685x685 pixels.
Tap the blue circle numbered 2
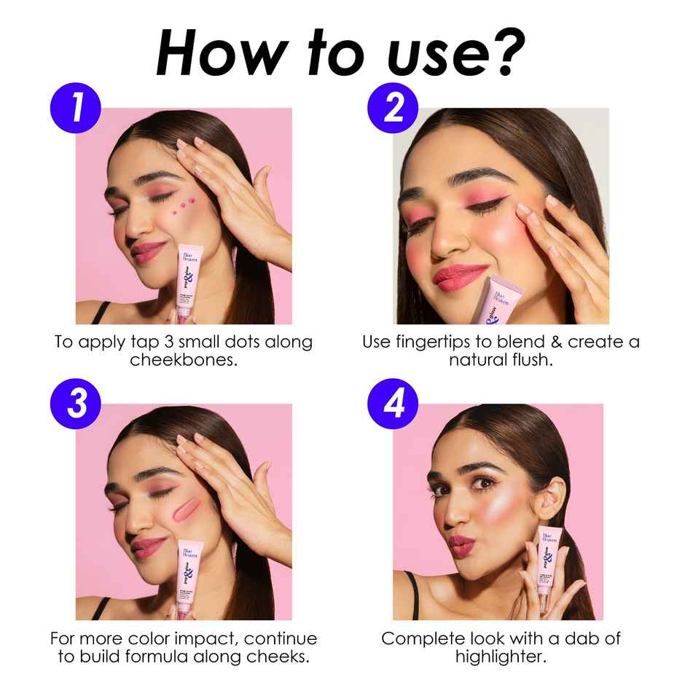[394, 109]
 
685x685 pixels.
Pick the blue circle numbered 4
[394, 404]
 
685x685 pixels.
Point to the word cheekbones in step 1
[184, 360]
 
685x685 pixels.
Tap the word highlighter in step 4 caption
[501, 657]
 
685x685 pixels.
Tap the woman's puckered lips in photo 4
[461, 546]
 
